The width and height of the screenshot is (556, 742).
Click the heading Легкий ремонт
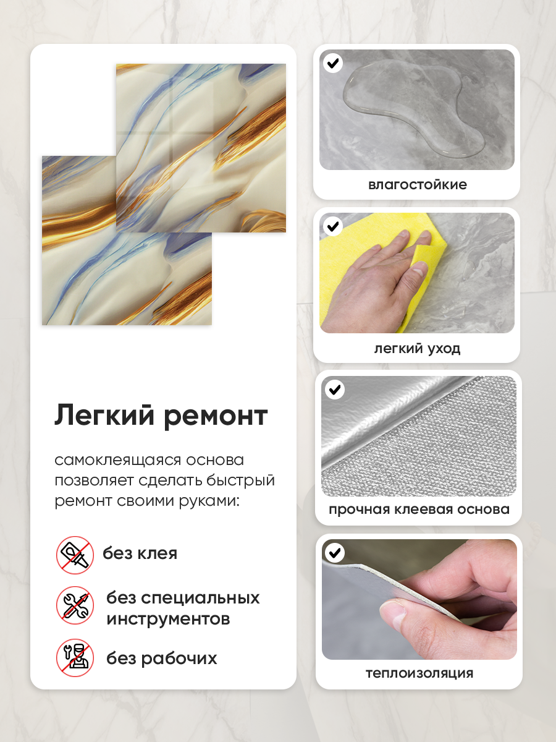tap(161, 416)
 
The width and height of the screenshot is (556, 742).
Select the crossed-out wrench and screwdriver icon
tap(75, 605)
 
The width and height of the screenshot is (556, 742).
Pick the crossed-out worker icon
tap(75, 657)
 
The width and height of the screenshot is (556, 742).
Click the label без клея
tap(140, 553)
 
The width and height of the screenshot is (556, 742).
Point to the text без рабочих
tap(162, 658)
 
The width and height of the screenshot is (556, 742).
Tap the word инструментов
tap(168, 619)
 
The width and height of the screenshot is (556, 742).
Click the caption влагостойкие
tap(418, 184)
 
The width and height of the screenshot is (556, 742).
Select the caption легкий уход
tap(417, 349)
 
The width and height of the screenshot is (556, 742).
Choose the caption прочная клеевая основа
tap(419, 510)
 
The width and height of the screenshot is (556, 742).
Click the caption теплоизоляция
tap(419, 673)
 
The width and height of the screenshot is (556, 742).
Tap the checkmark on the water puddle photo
tap(333, 63)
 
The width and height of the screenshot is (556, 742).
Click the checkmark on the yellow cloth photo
tap(333, 226)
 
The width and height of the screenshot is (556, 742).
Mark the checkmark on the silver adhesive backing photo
tap(335, 390)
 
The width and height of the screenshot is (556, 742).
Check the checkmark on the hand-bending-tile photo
tap(335, 553)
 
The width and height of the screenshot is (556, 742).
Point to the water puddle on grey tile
tap(413, 108)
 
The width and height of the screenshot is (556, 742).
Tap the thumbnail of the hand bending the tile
tap(419, 599)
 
